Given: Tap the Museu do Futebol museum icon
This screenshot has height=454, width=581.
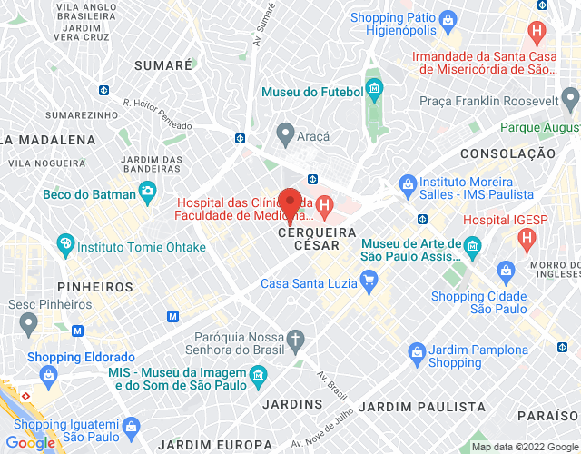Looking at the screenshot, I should point(374,88).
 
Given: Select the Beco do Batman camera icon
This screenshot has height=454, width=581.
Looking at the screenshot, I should point(145,192).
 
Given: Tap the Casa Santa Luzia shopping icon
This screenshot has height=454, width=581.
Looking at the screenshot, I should point(369,283).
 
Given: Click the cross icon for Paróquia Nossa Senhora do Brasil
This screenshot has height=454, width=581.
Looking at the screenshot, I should point(295,340).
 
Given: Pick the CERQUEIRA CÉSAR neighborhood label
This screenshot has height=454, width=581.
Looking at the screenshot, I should point(309,245).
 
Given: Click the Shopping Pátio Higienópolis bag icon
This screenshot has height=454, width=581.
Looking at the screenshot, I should point(447,19).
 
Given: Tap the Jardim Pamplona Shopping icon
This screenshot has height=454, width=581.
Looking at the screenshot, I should point(416,350).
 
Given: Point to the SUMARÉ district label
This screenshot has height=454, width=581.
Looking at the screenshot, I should point(163,65).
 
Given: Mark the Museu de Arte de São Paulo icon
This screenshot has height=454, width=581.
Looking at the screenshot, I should point(471,245).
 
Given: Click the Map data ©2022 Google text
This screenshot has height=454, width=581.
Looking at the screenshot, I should point(525,447).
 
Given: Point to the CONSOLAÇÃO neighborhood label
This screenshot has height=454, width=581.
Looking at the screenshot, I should point(507,153).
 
